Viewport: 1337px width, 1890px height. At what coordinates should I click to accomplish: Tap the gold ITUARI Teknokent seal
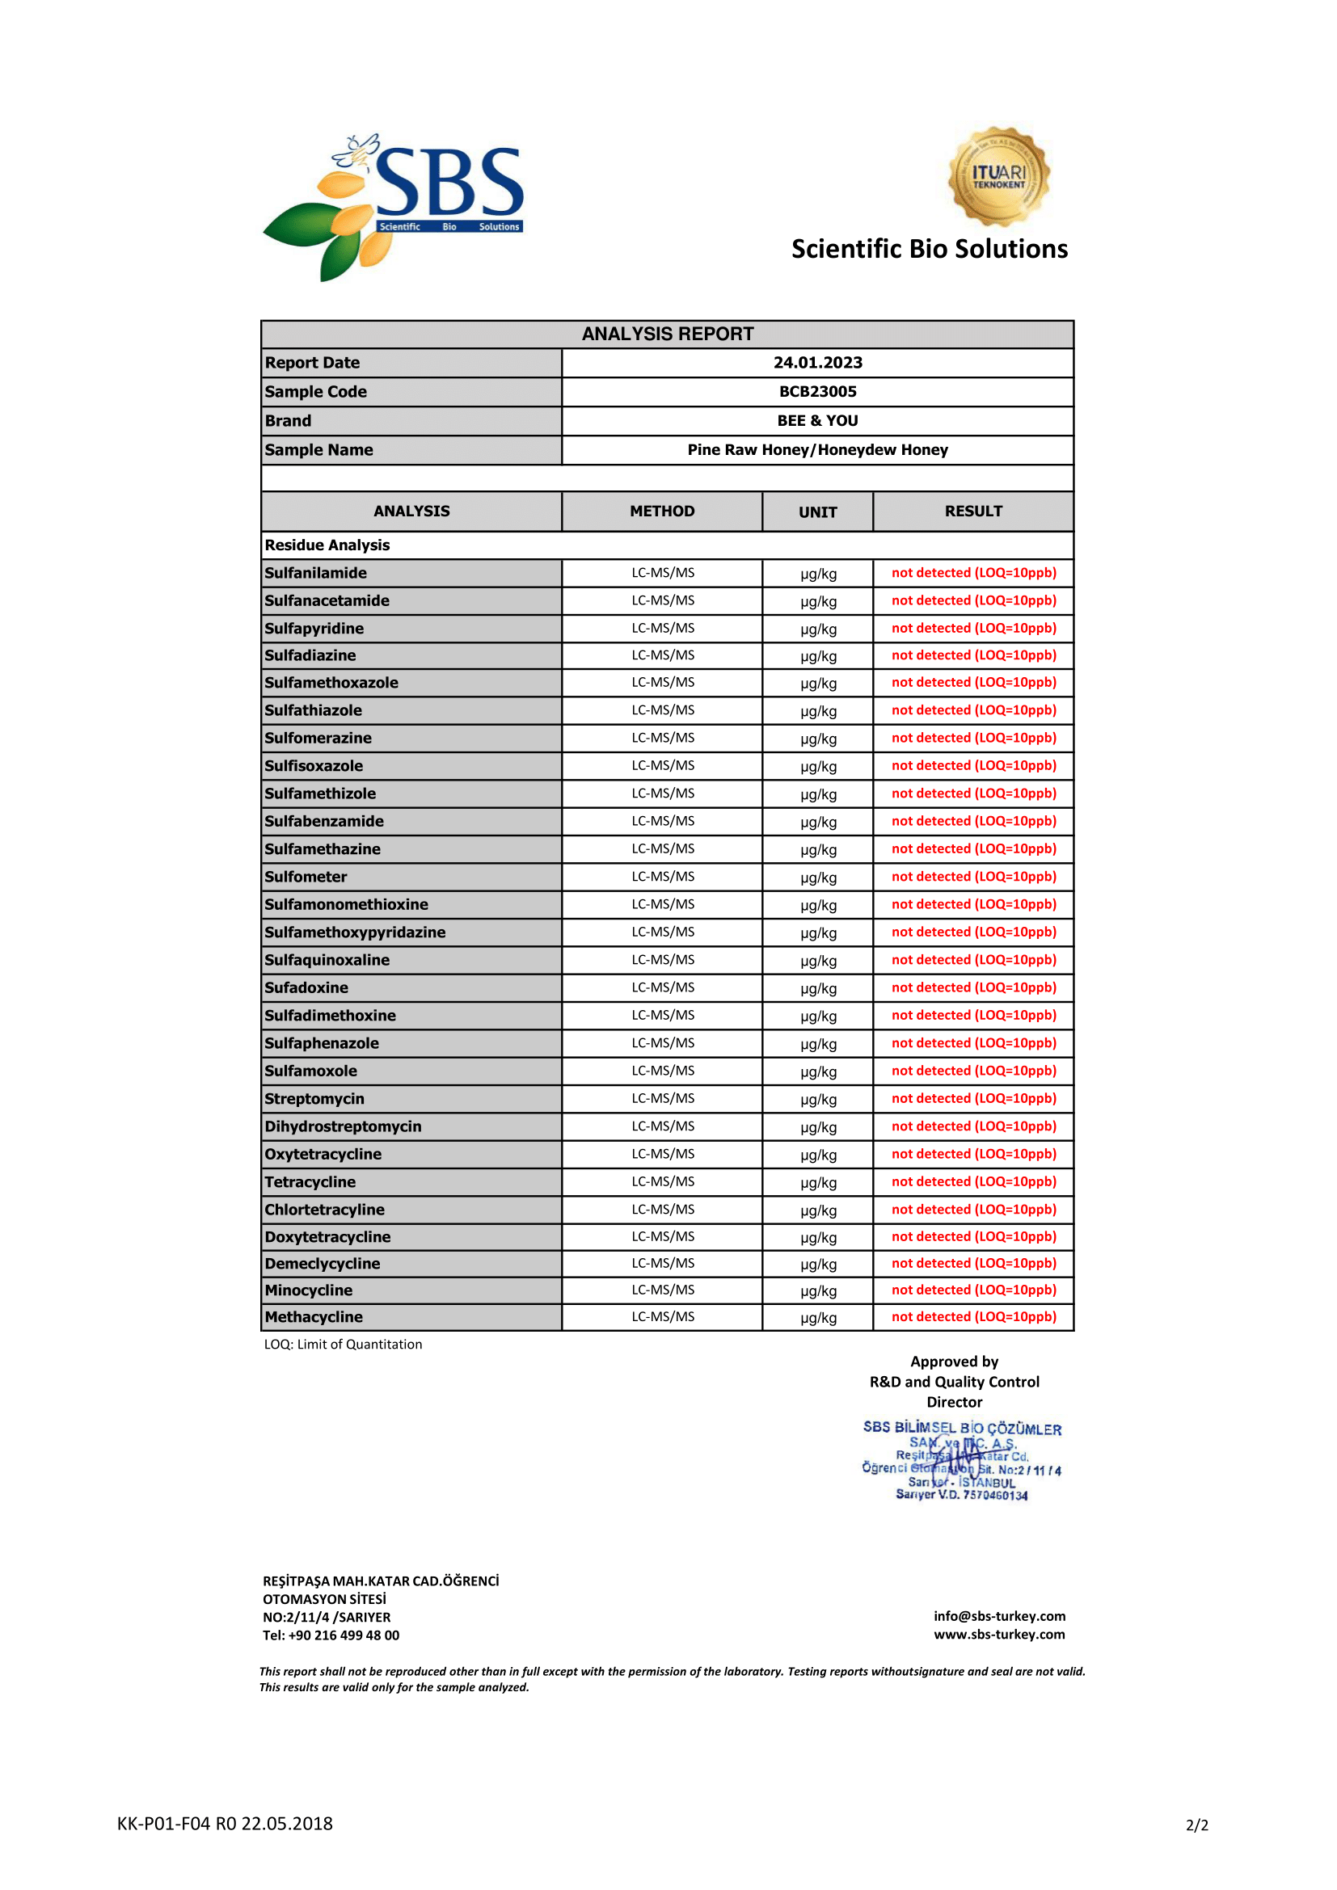pyautogui.click(x=998, y=176)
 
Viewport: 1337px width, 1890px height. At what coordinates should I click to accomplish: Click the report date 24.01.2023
pyautogui.click(x=817, y=363)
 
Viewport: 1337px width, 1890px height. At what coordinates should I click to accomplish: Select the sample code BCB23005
pyautogui.click(x=817, y=392)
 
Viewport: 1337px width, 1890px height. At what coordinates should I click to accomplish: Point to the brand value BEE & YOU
pyautogui.click(x=817, y=421)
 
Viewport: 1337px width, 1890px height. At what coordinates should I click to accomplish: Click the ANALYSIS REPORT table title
pyautogui.click(x=667, y=335)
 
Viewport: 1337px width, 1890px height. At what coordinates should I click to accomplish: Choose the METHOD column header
pyautogui.click(x=662, y=511)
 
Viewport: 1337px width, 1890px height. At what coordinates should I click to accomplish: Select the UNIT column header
pyautogui.click(x=817, y=512)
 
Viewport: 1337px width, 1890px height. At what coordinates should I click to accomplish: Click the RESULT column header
pyautogui.click(x=973, y=511)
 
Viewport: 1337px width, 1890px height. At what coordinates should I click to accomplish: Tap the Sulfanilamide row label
pyautogui.click(x=316, y=573)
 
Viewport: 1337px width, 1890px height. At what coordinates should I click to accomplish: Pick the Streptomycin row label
pyautogui.click(x=314, y=1099)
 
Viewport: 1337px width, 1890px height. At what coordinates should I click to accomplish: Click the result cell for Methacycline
pyautogui.click(x=974, y=1317)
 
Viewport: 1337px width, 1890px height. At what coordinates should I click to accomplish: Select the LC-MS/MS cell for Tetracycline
pyautogui.click(x=663, y=1182)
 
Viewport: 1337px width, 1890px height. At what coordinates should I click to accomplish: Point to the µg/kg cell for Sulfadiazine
pyautogui.click(x=818, y=657)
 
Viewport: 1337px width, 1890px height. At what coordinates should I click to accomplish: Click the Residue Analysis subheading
pyautogui.click(x=327, y=545)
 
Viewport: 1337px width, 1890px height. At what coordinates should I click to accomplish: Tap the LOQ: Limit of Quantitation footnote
pyautogui.click(x=344, y=1345)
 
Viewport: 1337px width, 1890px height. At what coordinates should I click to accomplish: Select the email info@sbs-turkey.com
pyautogui.click(x=999, y=1616)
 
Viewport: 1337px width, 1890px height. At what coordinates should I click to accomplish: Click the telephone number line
pyautogui.click(x=331, y=1635)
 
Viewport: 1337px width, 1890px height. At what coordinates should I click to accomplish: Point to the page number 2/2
pyautogui.click(x=1197, y=1826)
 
